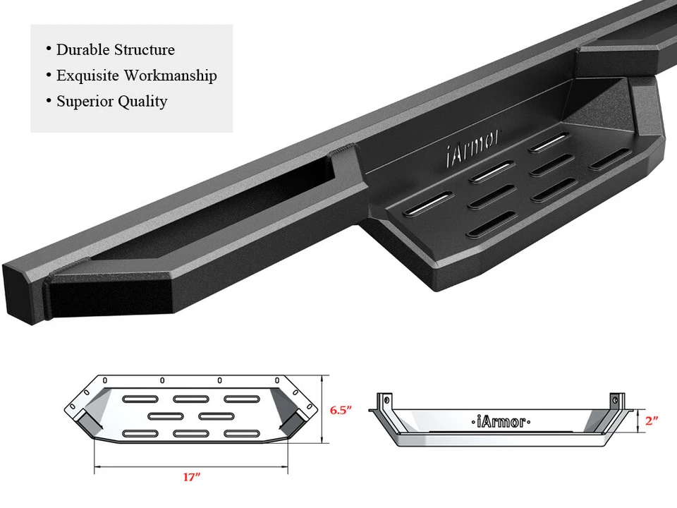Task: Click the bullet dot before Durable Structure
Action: tap(49, 49)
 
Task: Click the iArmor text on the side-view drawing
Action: tap(499, 422)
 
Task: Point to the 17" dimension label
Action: tap(190, 478)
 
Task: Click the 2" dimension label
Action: tap(651, 421)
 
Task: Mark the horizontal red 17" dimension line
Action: tap(190, 466)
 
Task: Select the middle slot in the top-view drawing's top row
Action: tap(190, 399)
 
